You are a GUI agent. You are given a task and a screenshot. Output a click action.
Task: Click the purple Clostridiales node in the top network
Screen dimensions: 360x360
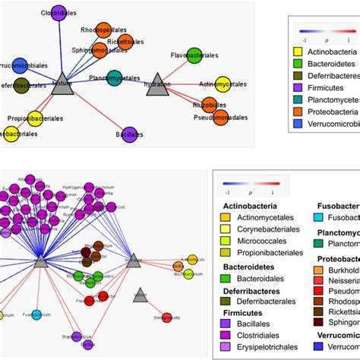pos(59,12)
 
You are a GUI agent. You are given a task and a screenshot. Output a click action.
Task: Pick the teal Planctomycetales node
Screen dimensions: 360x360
pos(115,77)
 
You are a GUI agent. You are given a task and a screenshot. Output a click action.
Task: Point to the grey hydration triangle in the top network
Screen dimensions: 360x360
pos(157,81)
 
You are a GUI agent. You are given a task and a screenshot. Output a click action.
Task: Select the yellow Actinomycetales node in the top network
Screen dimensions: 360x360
pos(223,84)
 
